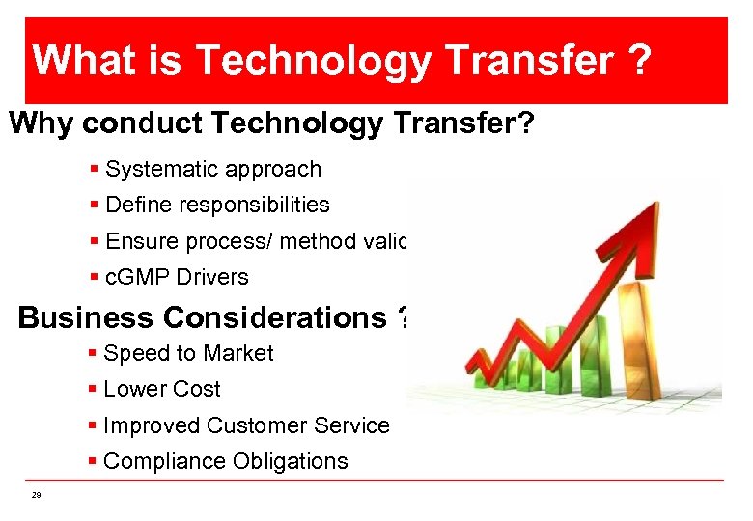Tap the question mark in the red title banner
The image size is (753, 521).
click(636, 61)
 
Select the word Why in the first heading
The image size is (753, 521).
click(42, 123)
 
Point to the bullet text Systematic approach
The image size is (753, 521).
click(212, 170)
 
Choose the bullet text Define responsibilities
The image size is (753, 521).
click(217, 206)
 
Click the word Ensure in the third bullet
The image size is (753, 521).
click(139, 241)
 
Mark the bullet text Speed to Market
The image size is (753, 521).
click(188, 354)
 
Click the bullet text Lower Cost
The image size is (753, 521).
click(161, 390)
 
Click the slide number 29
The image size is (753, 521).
click(36, 495)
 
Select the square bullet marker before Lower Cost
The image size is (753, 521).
click(93, 390)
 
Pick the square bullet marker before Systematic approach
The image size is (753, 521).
click(94, 170)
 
